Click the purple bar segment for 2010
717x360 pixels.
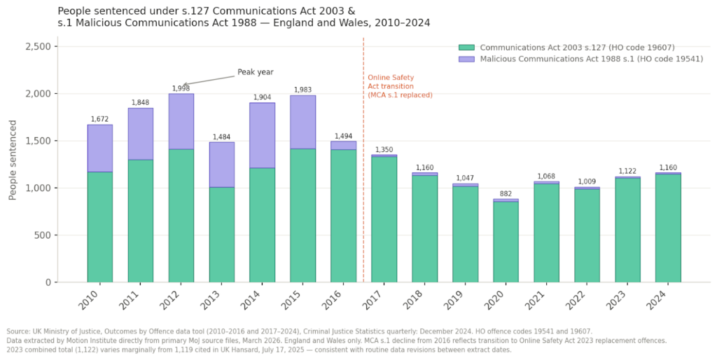(100, 148)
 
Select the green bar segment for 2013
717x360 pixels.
(222, 235)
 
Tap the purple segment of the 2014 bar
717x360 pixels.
(263, 135)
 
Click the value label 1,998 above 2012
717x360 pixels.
(181, 88)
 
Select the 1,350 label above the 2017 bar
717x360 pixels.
(384, 149)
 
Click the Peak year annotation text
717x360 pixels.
(255, 71)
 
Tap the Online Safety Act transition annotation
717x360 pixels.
(400, 86)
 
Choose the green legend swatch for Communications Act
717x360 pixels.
(467, 48)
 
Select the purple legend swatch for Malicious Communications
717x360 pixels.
(467, 59)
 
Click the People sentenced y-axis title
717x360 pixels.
(13, 160)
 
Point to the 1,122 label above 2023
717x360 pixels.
(627, 171)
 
